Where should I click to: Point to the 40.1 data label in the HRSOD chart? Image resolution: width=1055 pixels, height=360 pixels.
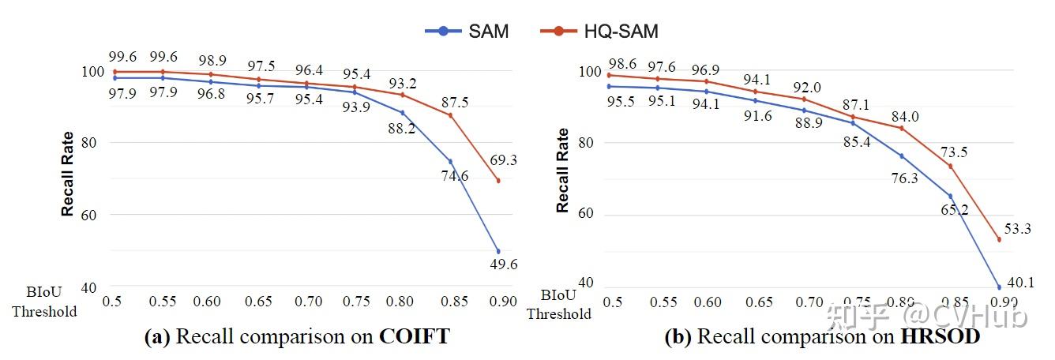pyautogui.click(x=1019, y=283)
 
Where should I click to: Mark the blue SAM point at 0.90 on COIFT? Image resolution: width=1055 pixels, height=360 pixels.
pyautogui.click(x=497, y=251)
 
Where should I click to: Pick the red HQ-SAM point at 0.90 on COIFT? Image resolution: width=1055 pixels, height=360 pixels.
pyautogui.click(x=497, y=181)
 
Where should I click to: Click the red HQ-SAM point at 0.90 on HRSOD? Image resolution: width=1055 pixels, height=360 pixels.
pyautogui.click(x=999, y=239)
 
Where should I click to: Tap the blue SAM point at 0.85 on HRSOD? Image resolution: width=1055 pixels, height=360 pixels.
pyautogui.click(x=950, y=196)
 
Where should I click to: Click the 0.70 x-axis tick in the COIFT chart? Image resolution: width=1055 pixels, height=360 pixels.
pyautogui.click(x=309, y=302)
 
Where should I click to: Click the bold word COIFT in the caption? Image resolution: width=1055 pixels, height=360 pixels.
pyautogui.click(x=414, y=337)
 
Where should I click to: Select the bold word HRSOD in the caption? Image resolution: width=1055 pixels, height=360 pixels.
pyautogui.click(x=940, y=337)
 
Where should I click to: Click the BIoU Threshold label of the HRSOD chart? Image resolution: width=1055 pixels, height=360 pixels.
pyautogui.click(x=559, y=304)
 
